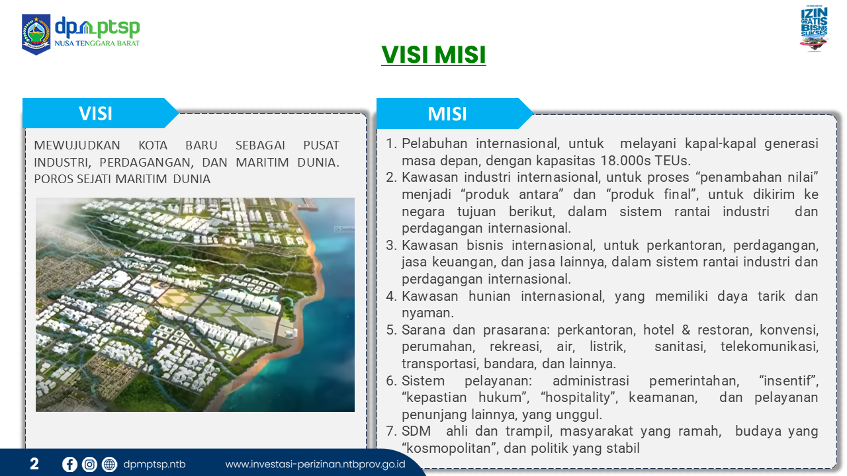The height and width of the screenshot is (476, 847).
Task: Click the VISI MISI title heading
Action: click(433, 55)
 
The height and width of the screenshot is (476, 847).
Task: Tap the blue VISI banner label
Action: click(96, 113)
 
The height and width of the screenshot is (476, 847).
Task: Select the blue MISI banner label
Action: click(447, 114)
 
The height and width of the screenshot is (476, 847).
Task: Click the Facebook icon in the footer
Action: click(69, 464)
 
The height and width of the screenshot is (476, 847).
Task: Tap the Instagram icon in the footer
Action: click(89, 464)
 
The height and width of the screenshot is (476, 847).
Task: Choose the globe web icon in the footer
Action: click(110, 464)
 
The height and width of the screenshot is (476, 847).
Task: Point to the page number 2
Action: click(34, 463)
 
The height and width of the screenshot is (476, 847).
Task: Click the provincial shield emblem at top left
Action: click(36, 34)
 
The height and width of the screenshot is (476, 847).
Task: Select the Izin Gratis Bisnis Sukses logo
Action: click(814, 28)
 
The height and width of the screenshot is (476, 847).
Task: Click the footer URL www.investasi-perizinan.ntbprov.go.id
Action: click(316, 464)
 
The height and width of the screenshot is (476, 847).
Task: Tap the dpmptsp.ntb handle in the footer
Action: click(154, 464)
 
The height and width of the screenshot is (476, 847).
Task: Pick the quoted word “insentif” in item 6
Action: click(789, 381)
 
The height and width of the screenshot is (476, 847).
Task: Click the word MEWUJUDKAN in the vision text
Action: click(77, 145)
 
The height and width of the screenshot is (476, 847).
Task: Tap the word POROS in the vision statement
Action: click(54, 178)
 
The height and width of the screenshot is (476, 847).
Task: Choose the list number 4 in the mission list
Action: click(391, 296)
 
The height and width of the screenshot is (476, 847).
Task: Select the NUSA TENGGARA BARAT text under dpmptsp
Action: click(97, 43)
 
